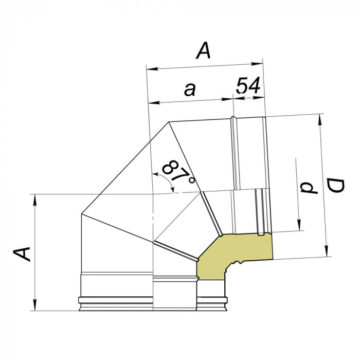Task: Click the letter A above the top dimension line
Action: click(204, 51)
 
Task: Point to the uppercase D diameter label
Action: click(335, 187)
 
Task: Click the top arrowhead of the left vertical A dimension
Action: click(35, 199)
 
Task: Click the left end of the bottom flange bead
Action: click(80, 301)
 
